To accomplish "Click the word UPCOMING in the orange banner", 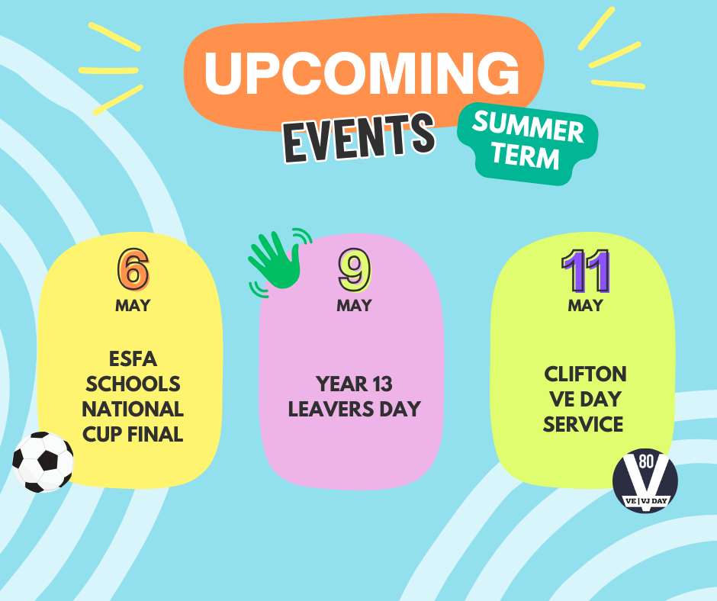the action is pos(362,72).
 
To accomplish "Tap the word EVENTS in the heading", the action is pos(359,137).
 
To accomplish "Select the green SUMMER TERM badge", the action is pos(528,143).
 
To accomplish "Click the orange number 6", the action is pos(133,269).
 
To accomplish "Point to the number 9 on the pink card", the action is pos(355,270).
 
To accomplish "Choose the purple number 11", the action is pos(586,271).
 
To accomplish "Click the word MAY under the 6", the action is pos(133,305).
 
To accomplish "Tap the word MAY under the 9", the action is pos(355,305).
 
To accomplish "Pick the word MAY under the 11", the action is pos(585,305).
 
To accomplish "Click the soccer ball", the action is pos(43,462).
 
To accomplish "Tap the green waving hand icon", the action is pos(279,262).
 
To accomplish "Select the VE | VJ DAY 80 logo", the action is pos(645,480).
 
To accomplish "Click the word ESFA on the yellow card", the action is pos(133,359).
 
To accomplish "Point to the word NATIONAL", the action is pos(133,409).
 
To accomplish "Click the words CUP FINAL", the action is pos(133,434).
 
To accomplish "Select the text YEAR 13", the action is pos(354,384).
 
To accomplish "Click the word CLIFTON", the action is pos(585,374).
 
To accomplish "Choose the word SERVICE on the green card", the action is pos(583,424).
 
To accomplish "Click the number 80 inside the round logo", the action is pos(646,461).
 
